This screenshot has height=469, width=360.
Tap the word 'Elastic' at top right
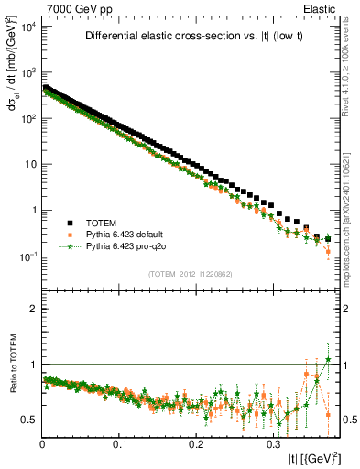point(324,8)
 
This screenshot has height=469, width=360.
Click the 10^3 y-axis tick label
point(27,72)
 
